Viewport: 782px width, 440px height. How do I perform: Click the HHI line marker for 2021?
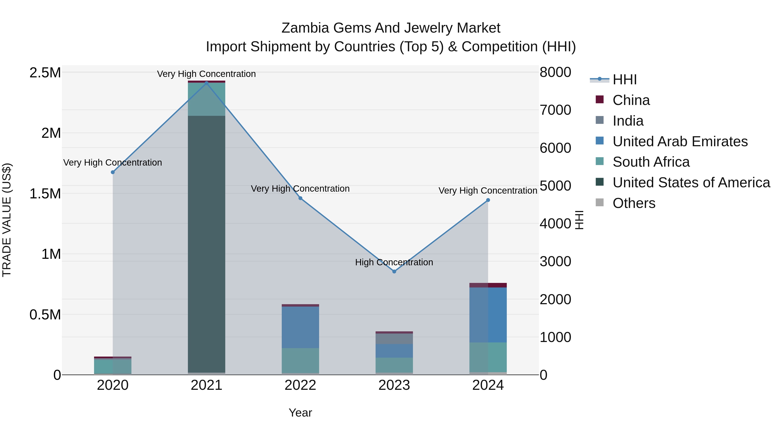(206, 83)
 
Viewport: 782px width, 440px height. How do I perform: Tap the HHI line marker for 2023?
(394, 271)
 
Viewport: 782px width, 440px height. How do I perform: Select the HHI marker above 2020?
(113, 172)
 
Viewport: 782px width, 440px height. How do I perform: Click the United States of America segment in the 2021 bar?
(206, 243)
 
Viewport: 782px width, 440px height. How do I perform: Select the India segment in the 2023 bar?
(394, 339)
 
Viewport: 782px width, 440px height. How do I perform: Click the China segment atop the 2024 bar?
(488, 285)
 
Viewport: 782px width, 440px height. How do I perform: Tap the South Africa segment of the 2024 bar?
(488, 357)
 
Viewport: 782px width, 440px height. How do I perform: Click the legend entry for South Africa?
(651, 162)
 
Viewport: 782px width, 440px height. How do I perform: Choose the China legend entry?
(631, 100)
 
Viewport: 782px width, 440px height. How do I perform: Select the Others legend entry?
(634, 203)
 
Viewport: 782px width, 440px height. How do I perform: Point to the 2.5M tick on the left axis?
(45, 73)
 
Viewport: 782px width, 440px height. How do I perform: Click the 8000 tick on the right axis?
(555, 72)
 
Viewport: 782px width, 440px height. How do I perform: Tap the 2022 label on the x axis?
(300, 385)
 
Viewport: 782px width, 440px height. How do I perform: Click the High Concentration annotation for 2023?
(394, 262)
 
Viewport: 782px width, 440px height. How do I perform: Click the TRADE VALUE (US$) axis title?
(7, 220)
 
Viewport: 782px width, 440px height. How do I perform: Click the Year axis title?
(300, 413)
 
